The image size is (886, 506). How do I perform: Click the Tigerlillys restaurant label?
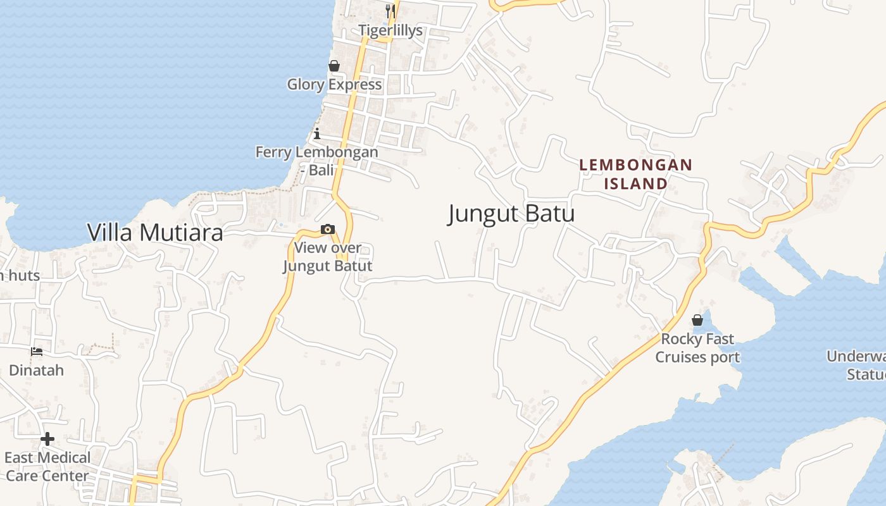point(390,30)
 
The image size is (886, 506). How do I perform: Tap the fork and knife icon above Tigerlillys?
point(390,11)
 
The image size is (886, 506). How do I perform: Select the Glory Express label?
point(334,84)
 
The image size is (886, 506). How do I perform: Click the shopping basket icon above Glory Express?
point(334,66)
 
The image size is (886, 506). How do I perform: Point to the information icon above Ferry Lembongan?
point(317,133)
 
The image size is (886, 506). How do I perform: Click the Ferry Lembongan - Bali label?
point(316,161)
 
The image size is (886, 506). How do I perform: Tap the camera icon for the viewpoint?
point(328,229)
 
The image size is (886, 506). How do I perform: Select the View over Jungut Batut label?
point(327,257)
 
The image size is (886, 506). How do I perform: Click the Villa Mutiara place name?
point(155,233)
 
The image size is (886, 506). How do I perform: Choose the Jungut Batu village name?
point(511,214)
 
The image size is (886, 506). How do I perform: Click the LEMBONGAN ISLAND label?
point(636,174)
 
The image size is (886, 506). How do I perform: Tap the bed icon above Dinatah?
point(37,352)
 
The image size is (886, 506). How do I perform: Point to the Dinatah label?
point(37,370)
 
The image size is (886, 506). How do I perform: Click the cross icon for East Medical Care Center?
point(47,439)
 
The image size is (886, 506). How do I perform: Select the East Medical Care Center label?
point(47,466)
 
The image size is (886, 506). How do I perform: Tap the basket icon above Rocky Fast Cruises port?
point(697,320)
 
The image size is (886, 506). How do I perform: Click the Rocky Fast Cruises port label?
point(697,348)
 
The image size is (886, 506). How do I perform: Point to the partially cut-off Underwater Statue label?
point(858,365)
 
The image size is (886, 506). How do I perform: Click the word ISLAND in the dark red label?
point(636,183)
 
